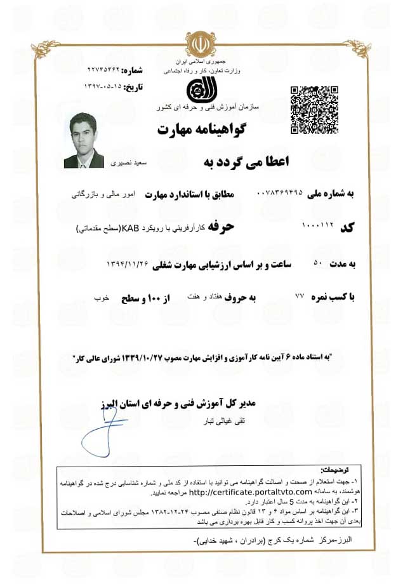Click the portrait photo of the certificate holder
[x=84, y=140]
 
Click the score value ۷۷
[x=300, y=296]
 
